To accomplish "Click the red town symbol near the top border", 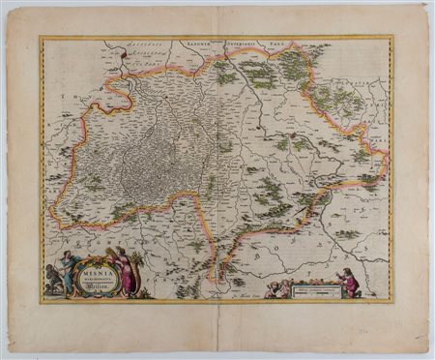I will pos(123,57).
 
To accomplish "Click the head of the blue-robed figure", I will pos(67,255).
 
